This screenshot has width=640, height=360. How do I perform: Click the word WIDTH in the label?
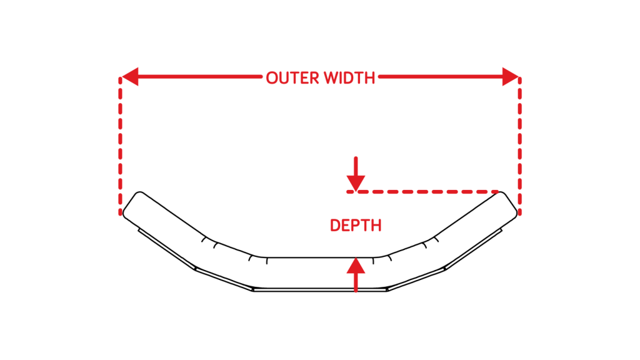tap(349, 78)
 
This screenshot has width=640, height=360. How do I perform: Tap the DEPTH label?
tap(356, 225)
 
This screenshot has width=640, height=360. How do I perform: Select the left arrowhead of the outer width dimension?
tap(130, 77)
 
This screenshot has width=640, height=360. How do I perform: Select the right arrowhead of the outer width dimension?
tap(510, 77)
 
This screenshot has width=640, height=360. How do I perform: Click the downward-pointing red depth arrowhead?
tap(356, 183)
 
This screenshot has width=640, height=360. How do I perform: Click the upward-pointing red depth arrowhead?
tap(356, 266)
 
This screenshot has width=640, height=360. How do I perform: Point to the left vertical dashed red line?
tap(121, 146)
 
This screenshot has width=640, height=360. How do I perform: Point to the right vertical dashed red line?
tap(519, 146)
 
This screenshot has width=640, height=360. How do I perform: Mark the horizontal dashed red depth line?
tap(422, 192)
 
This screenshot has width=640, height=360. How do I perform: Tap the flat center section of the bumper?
tap(320, 274)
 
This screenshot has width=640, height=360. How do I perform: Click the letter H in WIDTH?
tap(370, 78)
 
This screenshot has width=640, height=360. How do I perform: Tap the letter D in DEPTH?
tap(335, 225)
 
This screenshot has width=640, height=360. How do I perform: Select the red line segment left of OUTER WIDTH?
tap(200, 77)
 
